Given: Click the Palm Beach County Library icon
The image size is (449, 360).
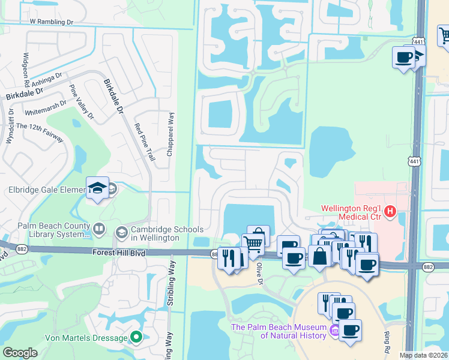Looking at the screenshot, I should [x=99, y=229].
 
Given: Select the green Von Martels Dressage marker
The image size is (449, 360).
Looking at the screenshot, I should [x=136, y=338].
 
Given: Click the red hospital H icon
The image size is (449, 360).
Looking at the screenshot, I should [x=390, y=211].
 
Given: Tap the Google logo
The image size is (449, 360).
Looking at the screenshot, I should [x=20, y=353].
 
